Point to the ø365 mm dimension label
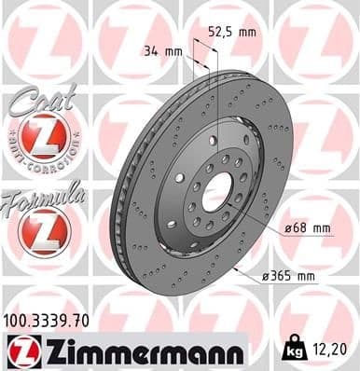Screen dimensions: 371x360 (288, 276)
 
